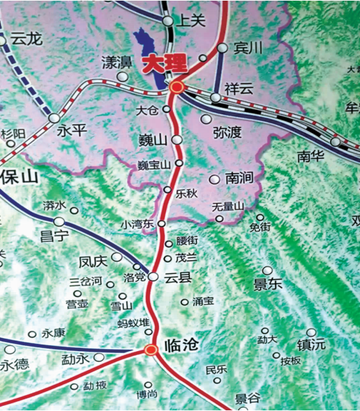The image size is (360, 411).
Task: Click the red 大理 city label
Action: (x=164, y=64)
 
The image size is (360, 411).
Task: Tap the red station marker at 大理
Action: (x=176, y=86)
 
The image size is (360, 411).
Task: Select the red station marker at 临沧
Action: (x=151, y=350)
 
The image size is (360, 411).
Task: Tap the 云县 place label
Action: (x=178, y=278)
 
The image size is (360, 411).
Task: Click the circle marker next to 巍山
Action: (x=177, y=139)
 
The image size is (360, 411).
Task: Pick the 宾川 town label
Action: (x=248, y=48)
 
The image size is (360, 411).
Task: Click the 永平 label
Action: (x=72, y=130)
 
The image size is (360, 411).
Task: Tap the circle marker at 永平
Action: (x=54, y=118)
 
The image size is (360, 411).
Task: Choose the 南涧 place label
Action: (x=240, y=178)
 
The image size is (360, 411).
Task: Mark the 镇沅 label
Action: (x=311, y=345)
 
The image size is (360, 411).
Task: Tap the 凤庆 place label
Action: (x=93, y=261)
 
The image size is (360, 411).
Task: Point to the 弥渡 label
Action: (x=227, y=133)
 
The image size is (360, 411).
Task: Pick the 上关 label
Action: (x=192, y=21)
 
